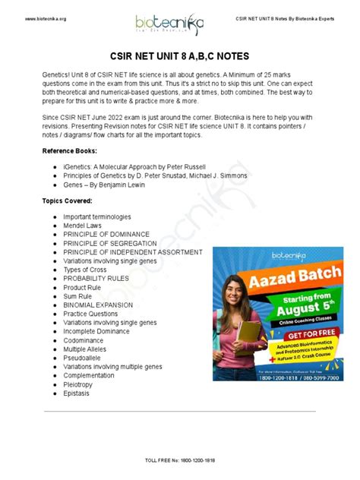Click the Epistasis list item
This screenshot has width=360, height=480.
tap(76, 393)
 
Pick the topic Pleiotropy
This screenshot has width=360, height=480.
tap(78, 384)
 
